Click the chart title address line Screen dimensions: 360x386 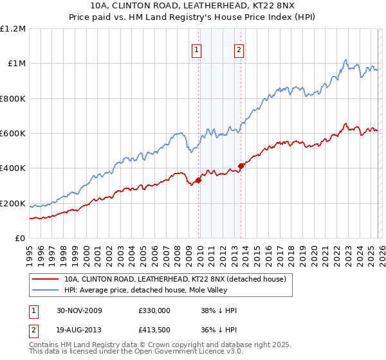(x=193, y=6)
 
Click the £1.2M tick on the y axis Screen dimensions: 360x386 (x=13, y=28)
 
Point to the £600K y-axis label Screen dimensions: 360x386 (x=13, y=133)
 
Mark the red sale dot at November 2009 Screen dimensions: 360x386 (x=199, y=180)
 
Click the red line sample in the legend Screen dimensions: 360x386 (x=46, y=279)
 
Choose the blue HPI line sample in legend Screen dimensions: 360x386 (x=46, y=290)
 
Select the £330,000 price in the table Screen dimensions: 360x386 (x=154, y=310)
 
